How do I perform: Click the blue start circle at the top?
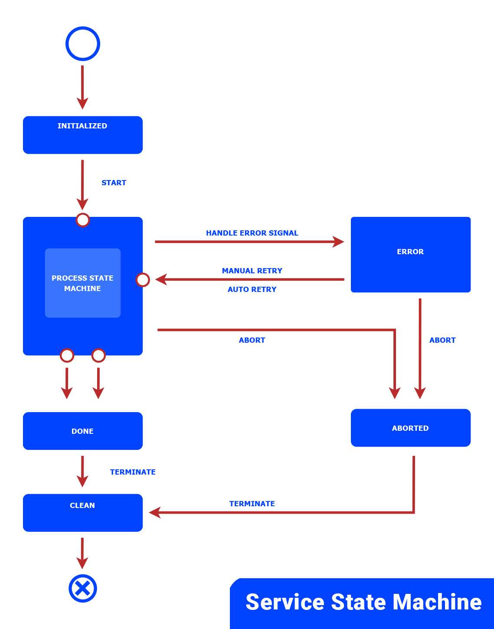[x=83, y=44]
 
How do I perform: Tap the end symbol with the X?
[x=82, y=588]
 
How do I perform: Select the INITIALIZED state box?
[x=82, y=135]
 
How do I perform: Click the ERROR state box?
[x=410, y=255]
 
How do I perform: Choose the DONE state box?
[x=82, y=431]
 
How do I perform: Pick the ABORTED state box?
[x=410, y=428]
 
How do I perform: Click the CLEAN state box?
[x=82, y=512]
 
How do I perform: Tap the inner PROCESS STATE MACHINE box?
[x=82, y=283]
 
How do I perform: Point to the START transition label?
[x=114, y=183]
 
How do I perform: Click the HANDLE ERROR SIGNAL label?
[x=252, y=233]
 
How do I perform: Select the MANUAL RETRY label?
[x=252, y=271]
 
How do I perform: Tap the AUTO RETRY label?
[x=252, y=289]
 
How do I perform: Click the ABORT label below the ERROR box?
[x=442, y=340]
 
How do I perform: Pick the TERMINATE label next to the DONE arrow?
[x=133, y=472]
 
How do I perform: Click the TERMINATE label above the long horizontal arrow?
[x=252, y=504]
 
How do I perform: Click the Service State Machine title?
[x=363, y=602]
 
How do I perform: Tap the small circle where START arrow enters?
[x=83, y=220]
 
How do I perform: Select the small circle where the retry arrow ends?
[x=143, y=280]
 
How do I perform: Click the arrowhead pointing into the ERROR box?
[x=338, y=242]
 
